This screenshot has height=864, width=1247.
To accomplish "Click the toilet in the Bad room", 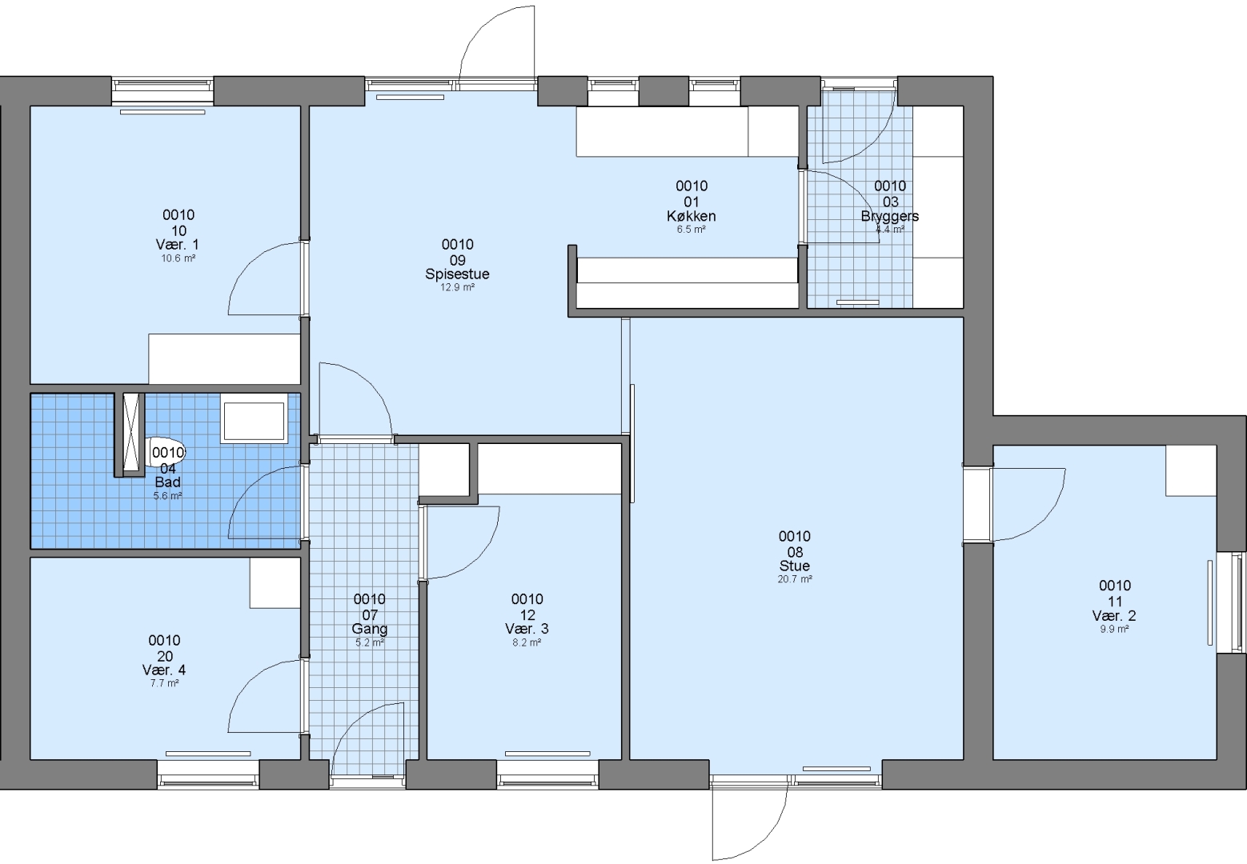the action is pos(166,453).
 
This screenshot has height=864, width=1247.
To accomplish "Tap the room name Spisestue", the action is pos(457,274).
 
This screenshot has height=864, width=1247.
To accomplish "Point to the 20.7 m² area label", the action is pos(795,579).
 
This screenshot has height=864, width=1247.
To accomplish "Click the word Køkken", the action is pos(691,216).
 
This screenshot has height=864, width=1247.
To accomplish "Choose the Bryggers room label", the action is pos(889,216).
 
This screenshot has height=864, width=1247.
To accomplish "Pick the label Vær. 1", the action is pos(178,244).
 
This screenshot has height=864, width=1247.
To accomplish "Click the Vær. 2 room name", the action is pos(1114,616).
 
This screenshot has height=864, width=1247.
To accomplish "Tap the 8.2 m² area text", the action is pos(527,642).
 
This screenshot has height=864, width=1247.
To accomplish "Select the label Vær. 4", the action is pos(163,670).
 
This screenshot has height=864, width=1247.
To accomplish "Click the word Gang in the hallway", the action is pos(369,630).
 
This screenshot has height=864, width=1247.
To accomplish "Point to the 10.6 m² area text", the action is pos(178,258).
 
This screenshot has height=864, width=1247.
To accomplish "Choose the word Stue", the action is pos(795,566).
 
